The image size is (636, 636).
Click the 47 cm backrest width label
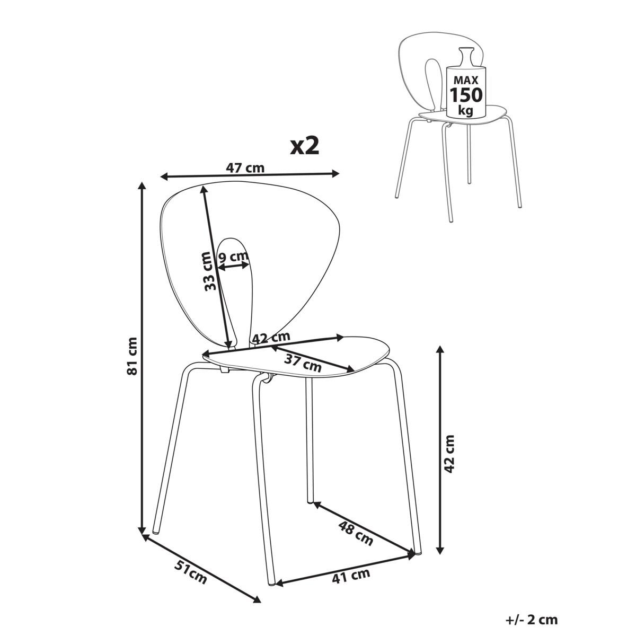[x=245, y=168]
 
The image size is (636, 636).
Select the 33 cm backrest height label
[x=210, y=271]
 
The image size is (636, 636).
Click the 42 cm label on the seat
[x=271, y=338]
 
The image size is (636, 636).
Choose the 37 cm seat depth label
[x=303, y=364]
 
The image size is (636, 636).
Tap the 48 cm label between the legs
[x=356, y=534]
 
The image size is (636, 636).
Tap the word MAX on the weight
[x=466, y=80]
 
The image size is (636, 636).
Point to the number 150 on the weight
[x=466, y=95]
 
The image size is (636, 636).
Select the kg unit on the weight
[x=465, y=110]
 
